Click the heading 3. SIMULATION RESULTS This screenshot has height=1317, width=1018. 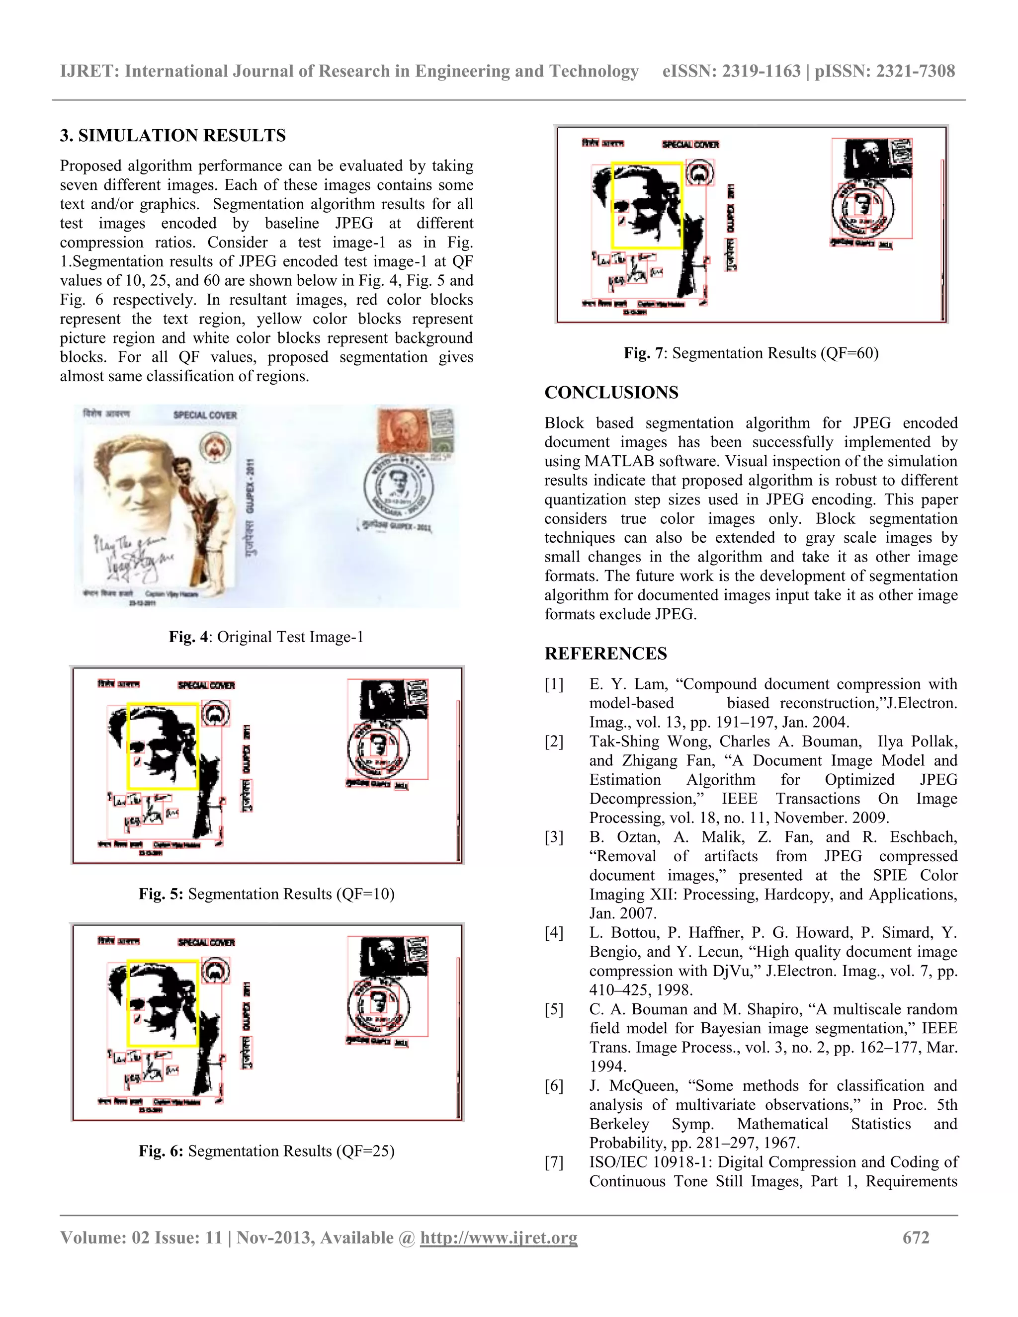pos(172,136)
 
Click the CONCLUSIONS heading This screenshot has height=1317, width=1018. pos(611,393)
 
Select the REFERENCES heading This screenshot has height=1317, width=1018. pos(605,654)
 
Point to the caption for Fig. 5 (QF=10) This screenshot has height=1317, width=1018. pos(266,894)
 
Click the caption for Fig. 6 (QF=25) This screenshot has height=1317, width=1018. pos(266,1151)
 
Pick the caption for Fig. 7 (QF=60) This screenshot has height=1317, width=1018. pos(751,353)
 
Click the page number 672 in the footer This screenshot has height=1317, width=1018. pos(916,1238)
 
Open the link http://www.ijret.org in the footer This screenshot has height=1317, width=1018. pos(499,1238)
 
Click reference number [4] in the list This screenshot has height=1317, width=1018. pos(554,933)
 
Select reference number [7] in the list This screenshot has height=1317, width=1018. pos(554,1162)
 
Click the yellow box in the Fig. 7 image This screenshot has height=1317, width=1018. pos(647,205)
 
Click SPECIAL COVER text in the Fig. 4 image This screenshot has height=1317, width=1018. pos(205,415)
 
